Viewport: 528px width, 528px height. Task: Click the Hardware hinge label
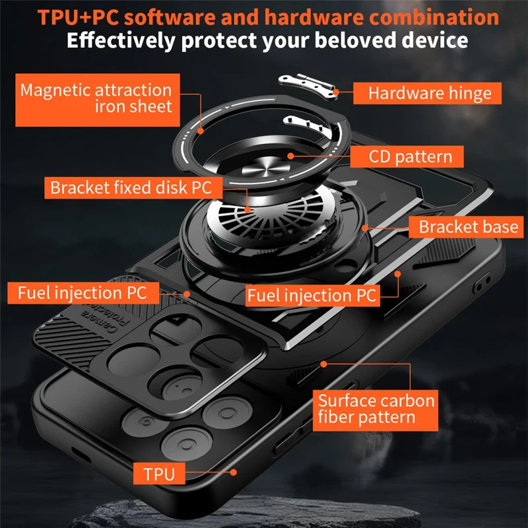pos(430,93)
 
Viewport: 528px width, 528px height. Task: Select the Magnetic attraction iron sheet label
pos(96,98)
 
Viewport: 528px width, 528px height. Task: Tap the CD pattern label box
pos(406,156)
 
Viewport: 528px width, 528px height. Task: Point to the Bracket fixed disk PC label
pos(131,187)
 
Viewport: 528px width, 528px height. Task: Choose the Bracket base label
pos(468,227)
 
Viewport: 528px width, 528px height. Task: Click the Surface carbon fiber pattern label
pos(376,409)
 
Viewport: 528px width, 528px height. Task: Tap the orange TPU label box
pos(159,473)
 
